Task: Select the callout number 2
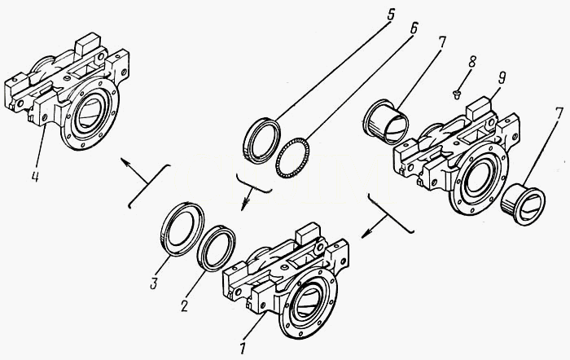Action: [185, 306]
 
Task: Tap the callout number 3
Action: [154, 283]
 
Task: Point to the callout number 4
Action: [35, 176]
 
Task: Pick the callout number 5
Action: [390, 15]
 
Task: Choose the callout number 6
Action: [414, 29]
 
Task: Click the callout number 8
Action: [471, 61]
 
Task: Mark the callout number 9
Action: [502, 78]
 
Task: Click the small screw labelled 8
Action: [458, 94]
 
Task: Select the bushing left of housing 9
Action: [386, 121]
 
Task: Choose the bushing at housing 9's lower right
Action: [523, 205]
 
